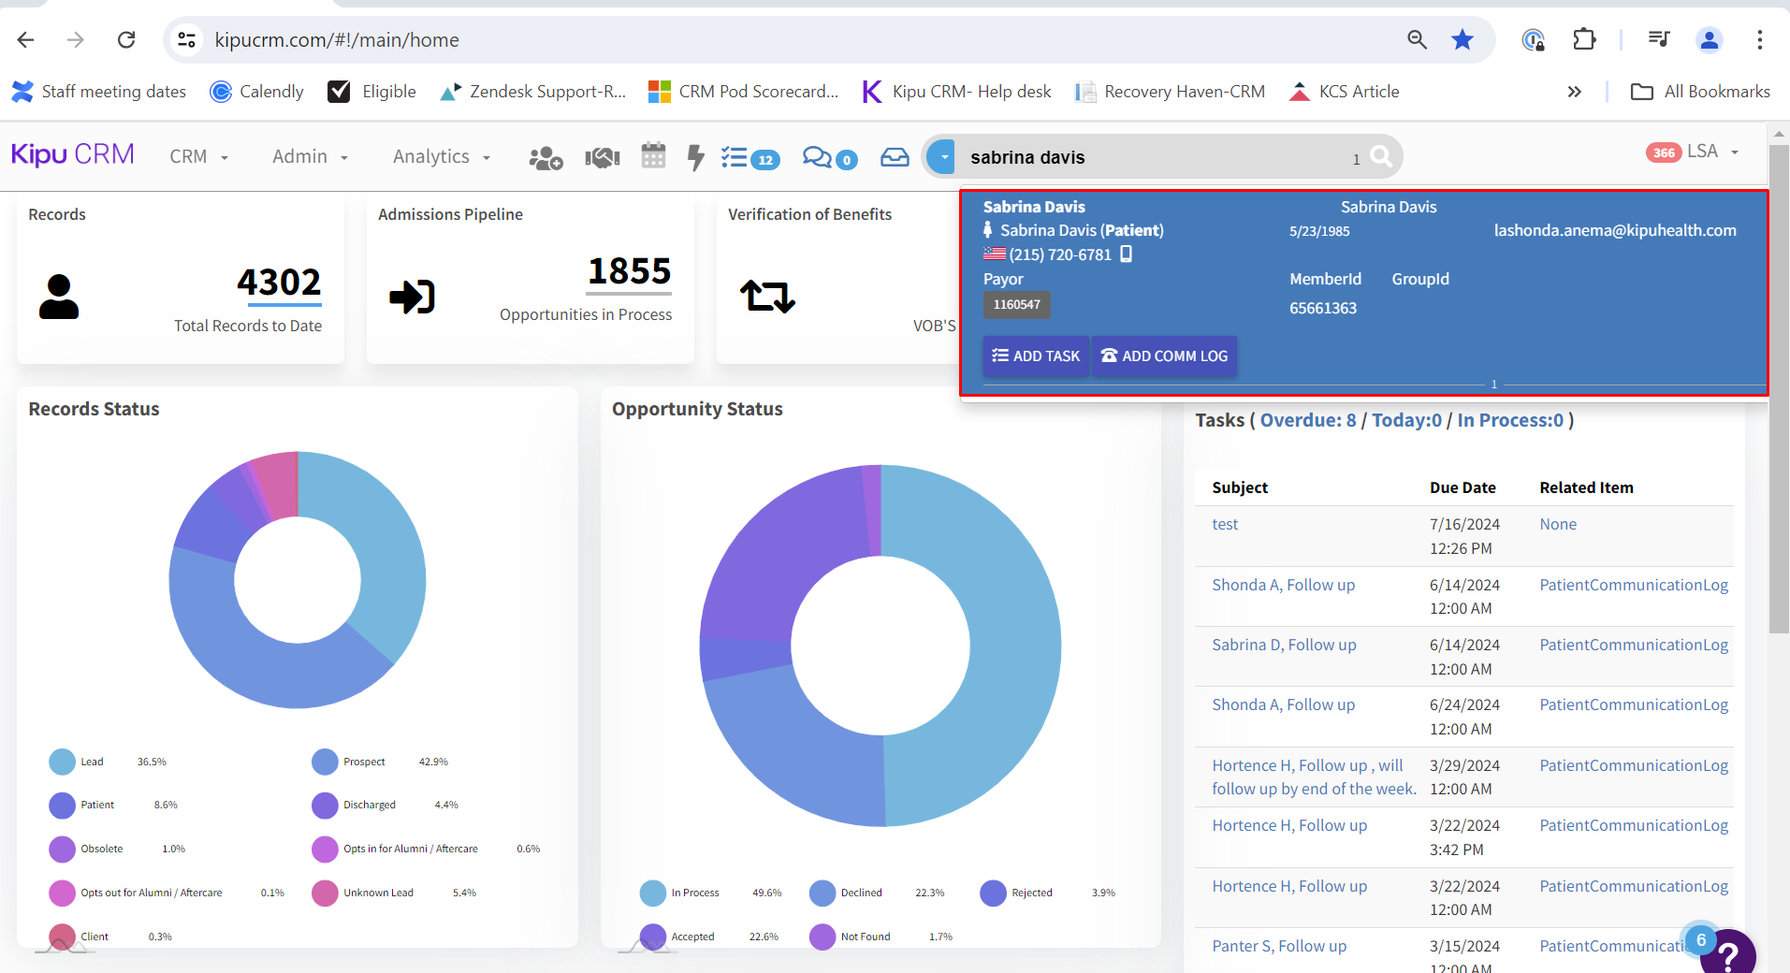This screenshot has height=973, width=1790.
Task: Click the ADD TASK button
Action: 1036,356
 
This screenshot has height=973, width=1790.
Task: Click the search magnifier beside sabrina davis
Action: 1381,157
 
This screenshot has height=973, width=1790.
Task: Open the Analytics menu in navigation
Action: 441,157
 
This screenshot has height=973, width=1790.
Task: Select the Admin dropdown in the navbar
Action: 310,157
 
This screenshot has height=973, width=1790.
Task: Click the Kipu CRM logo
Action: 73,154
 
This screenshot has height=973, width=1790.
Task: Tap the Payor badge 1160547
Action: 1016,305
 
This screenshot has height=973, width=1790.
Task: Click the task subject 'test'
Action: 1225,525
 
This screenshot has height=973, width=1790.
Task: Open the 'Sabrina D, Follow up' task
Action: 1284,646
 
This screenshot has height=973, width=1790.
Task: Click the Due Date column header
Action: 1463,487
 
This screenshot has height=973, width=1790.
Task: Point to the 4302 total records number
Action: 279,283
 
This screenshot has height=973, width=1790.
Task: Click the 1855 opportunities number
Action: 630,272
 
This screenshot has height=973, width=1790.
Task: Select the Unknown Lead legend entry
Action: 378,893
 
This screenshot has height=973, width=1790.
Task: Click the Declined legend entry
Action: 861,893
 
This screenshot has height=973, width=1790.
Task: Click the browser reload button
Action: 126,39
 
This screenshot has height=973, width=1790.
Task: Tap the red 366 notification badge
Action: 1663,152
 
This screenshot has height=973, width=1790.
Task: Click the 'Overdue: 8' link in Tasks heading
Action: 1307,421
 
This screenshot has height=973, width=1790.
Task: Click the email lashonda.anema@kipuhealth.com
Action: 1614,231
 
